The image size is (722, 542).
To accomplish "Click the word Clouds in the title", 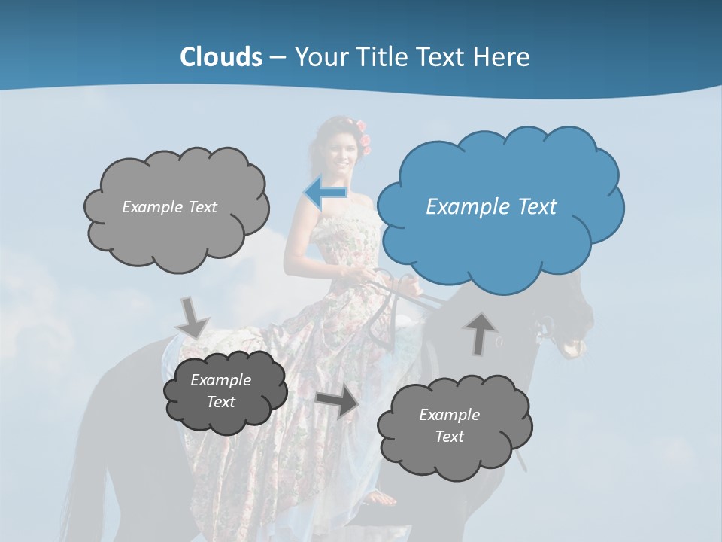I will tap(221, 57).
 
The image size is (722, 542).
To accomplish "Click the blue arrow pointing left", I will tap(325, 193).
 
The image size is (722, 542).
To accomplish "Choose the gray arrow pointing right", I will tap(338, 403).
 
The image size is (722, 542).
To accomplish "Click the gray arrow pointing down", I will tap(193, 318).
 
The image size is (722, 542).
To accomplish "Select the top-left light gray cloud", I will tap(176, 207).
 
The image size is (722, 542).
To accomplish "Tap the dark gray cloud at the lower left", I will tap(225, 391).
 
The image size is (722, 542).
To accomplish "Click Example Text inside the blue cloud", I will tap(491, 207).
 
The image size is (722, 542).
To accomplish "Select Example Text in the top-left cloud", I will tap(169, 207).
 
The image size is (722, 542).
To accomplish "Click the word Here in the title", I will tap(504, 57).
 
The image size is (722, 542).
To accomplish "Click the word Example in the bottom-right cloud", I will tap(449, 415).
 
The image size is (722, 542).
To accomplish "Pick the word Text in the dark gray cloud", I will tap(221, 402).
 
